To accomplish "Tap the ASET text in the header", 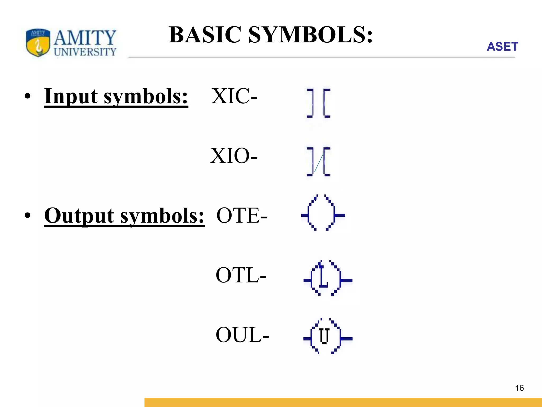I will click(502, 47).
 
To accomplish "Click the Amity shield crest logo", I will click(38, 43).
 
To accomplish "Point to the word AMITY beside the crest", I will click(85, 37).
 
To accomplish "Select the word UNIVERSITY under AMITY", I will click(85, 52).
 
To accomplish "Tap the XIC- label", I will click(234, 96).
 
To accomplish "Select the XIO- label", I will click(233, 156).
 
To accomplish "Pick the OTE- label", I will click(242, 215).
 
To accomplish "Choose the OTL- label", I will click(241, 275).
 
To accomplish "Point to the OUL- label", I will click(242, 335).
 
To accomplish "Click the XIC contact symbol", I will click(318, 103).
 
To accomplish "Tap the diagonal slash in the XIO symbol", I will click(319, 162).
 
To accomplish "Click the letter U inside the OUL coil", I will click(324, 336).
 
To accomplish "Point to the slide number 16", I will click(519, 388).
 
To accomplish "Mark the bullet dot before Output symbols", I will click(28, 216).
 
